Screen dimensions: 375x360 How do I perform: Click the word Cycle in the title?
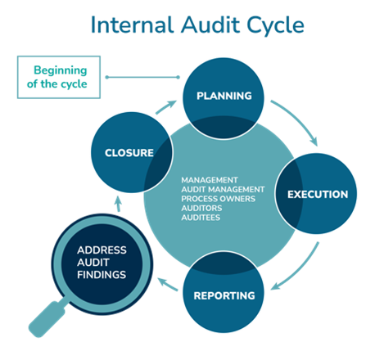275,26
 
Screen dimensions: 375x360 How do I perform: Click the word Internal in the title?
133,25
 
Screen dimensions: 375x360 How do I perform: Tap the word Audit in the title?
210,25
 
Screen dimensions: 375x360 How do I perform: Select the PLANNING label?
224,96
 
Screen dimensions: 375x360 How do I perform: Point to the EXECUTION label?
318,194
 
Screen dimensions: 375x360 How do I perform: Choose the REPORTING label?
224,295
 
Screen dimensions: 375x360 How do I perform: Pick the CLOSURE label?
129,153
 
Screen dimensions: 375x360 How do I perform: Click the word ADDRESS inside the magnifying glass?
102,250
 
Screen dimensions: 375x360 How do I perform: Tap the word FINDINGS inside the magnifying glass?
102,275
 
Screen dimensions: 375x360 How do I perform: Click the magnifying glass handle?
47,318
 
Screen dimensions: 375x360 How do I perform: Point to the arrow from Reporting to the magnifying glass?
168,284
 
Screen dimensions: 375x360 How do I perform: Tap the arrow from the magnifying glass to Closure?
118,204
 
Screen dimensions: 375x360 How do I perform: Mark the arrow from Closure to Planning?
165,107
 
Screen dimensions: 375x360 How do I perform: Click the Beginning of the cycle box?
59,77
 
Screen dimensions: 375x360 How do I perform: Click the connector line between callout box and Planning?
142,77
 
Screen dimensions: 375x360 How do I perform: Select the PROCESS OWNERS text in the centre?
218,199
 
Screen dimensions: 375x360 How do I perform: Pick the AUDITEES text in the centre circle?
201,218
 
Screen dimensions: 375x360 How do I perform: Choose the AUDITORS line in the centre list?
201,208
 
